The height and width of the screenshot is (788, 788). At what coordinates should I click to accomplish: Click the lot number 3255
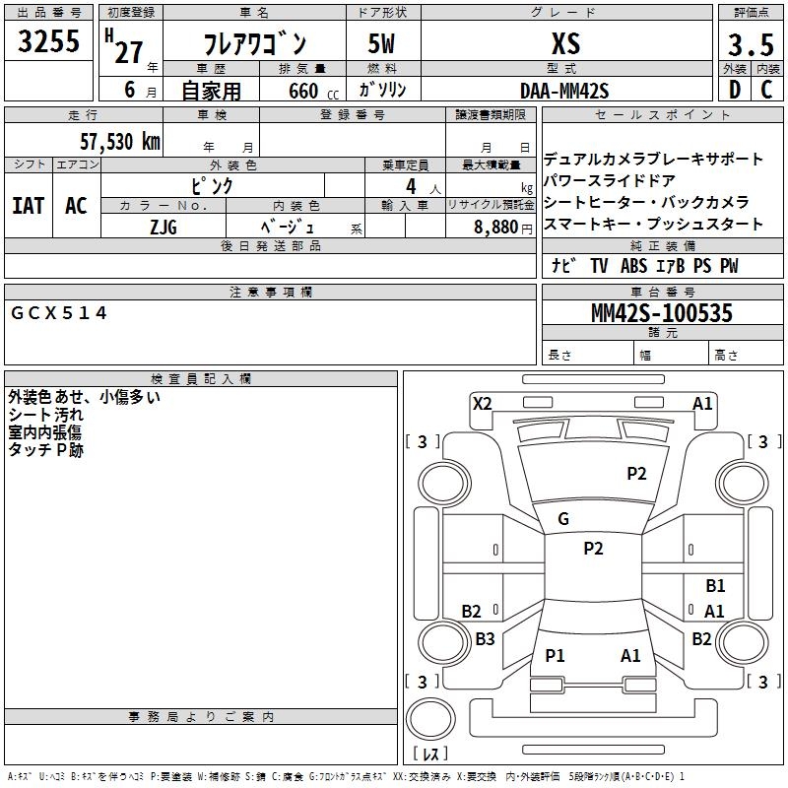pyautogui.click(x=50, y=42)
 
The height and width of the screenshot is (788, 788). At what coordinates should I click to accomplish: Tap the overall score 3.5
pyautogui.click(x=749, y=46)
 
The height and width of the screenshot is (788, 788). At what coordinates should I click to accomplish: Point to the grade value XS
pyautogui.click(x=565, y=43)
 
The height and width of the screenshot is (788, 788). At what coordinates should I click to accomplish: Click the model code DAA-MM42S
pyautogui.click(x=564, y=91)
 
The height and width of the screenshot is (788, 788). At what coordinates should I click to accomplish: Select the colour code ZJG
pyautogui.click(x=164, y=227)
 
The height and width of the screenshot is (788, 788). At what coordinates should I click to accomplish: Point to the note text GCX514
pyautogui.click(x=59, y=313)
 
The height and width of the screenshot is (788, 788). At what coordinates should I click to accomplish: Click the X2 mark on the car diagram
pyautogui.click(x=482, y=403)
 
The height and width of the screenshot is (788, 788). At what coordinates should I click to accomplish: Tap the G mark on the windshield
pyautogui.click(x=563, y=519)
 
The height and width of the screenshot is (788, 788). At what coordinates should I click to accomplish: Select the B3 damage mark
pyautogui.click(x=485, y=639)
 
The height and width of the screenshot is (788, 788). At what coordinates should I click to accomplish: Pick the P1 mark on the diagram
pyautogui.click(x=555, y=655)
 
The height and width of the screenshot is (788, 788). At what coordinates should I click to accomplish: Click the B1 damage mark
pyautogui.click(x=715, y=586)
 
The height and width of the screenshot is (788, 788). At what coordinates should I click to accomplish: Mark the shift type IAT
pyautogui.click(x=28, y=206)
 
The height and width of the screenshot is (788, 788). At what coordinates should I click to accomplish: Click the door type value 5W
pyautogui.click(x=383, y=43)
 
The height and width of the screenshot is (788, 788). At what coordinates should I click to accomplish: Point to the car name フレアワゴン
pyautogui.click(x=254, y=43)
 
